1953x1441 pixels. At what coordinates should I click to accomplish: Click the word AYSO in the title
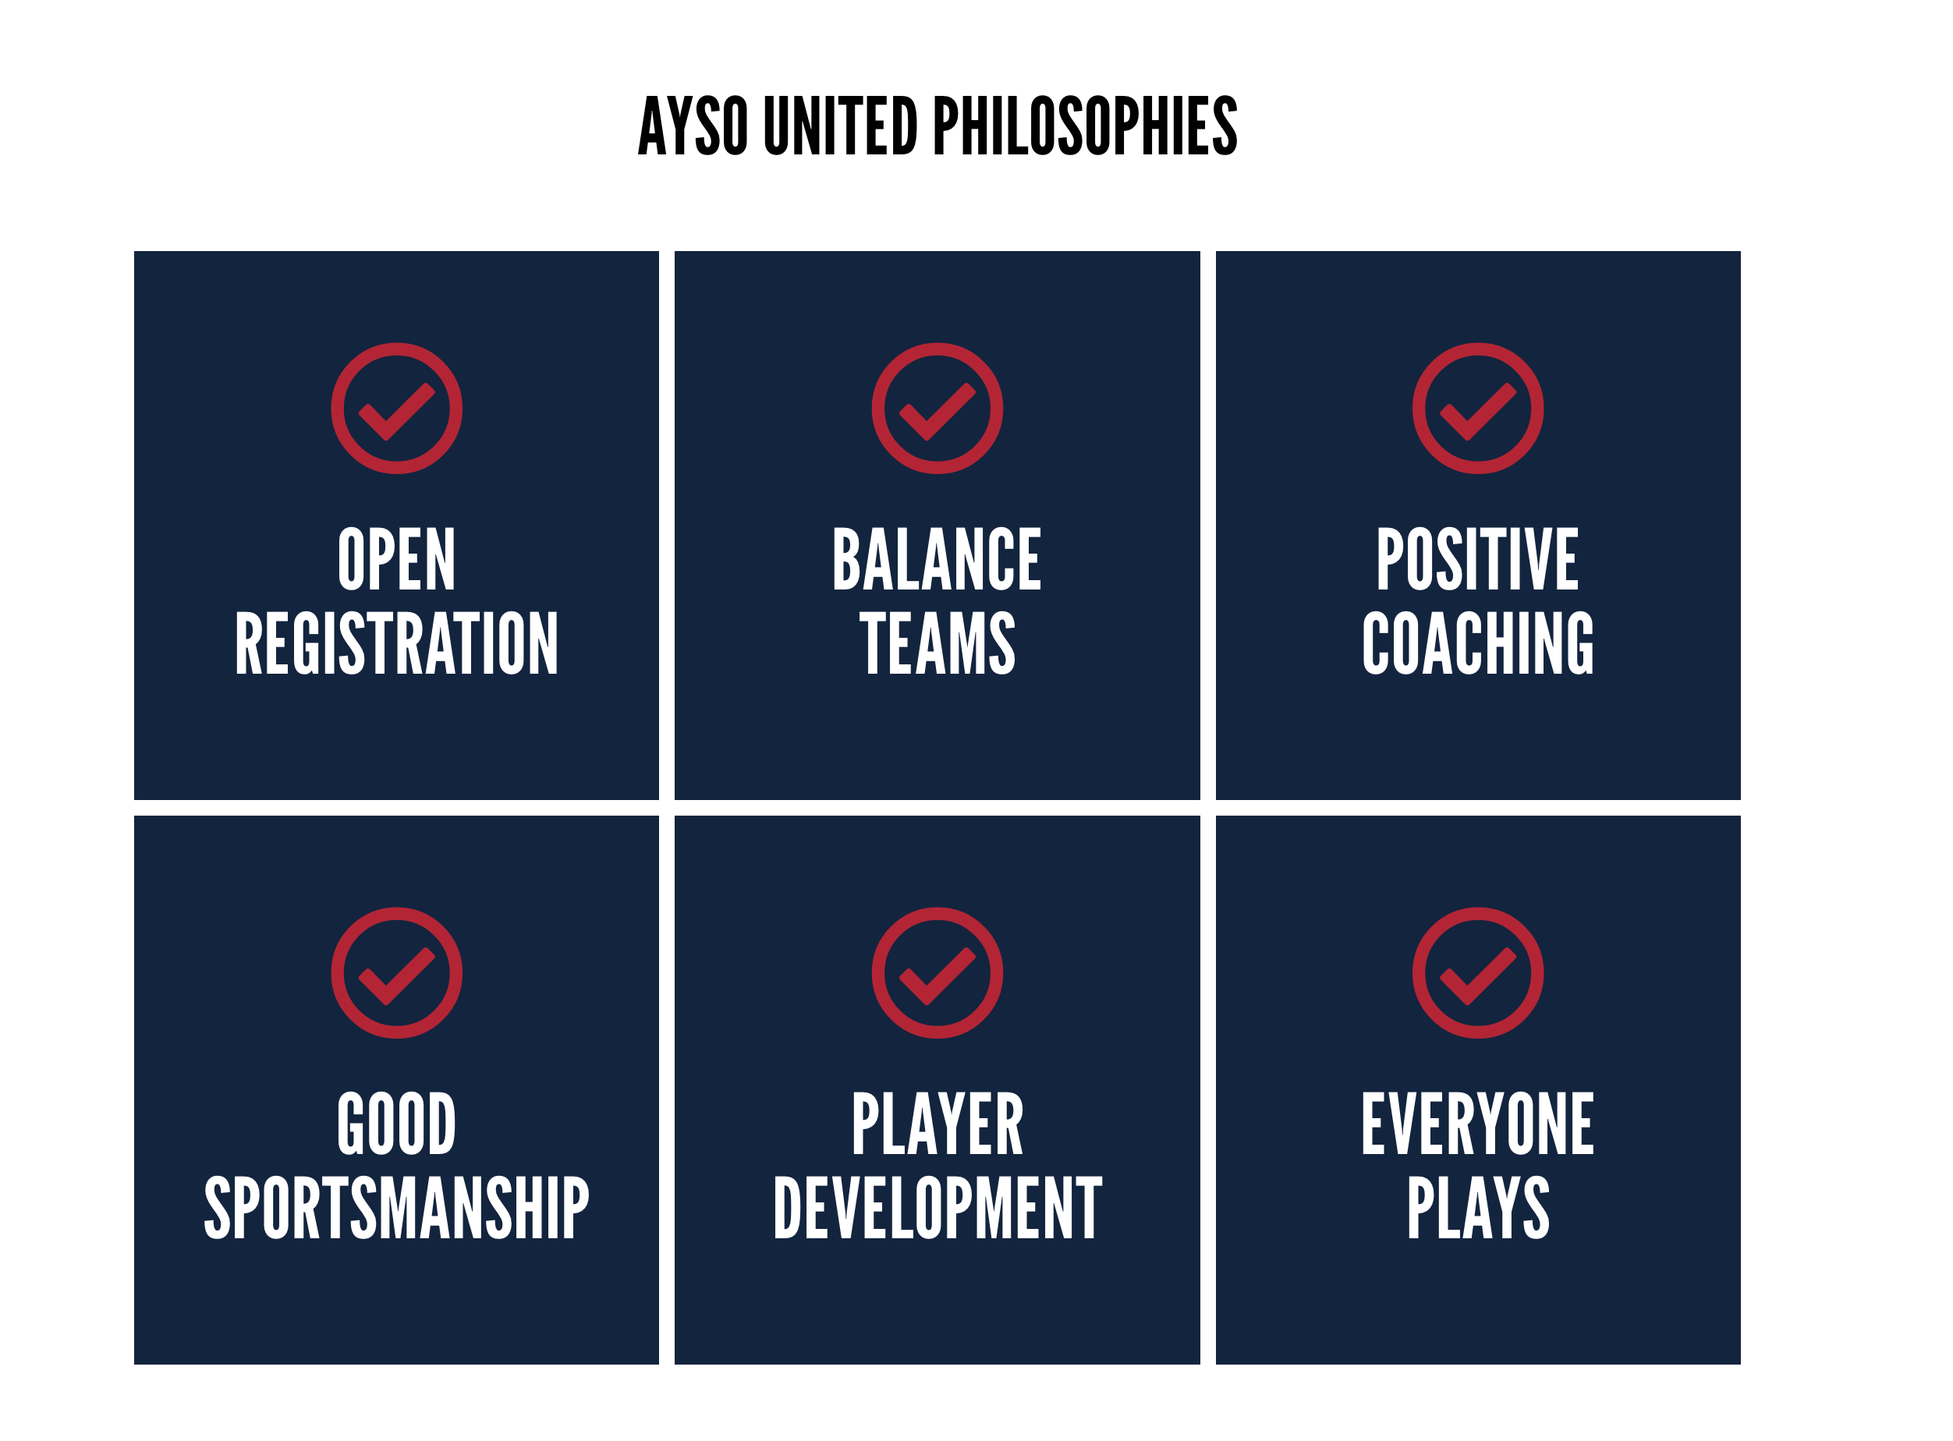pyautogui.click(x=694, y=126)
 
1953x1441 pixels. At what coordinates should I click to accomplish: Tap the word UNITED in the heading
pyautogui.click(x=841, y=126)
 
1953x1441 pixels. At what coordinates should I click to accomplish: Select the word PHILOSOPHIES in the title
pyautogui.click(x=1086, y=126)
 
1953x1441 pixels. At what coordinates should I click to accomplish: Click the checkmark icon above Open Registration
pyautogui.click(x=397, y=409)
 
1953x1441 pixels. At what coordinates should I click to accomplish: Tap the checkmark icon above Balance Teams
pyautogui.click(x=938, y=409)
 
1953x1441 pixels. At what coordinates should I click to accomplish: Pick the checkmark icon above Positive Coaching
pyautogui.click(x=1479, y=409)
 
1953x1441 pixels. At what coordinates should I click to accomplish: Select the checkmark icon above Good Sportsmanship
pyautogui.click(x=397, y=973)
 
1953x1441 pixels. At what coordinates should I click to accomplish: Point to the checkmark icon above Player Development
pyautogui.click(x=938, y=973)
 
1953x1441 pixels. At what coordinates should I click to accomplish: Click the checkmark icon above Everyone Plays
pyautogui.click(x=1479, y=973)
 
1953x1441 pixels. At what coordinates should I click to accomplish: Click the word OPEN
pyautogui.click(x=397, y=559)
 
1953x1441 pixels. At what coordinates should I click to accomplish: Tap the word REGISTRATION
pyautogui.click(x=397, y=644)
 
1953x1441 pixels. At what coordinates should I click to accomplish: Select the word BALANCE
pyautogui.click(x=938, y=559)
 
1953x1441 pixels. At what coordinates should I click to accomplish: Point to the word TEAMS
pyautogui.click(x=938, y=644)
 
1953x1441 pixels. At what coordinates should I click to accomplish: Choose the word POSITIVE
pyautogui.click(x=1479, y=559)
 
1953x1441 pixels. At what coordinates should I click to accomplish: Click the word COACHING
pyautogui.click(x=1479, y=644)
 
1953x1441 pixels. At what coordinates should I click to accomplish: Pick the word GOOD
pyautogui.click(x=397, y=1124)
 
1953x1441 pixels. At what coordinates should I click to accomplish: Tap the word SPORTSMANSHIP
pyautogui.click(x=397, y=1208)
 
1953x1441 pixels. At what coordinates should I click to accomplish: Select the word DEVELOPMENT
pyautogui.click(x=938, y=1208)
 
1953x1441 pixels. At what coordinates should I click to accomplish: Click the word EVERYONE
pyautogui.click(x=1479, y=1124)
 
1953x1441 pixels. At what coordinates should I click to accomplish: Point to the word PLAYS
pyautogui.click(x=1479, y=1208)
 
